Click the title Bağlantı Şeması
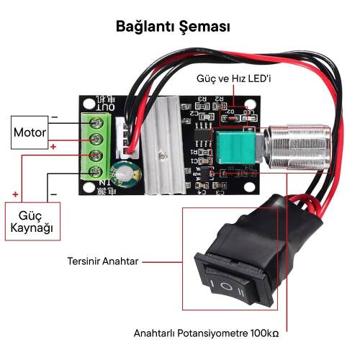tap(173, 27)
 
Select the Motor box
tap(30, 133)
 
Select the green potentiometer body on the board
tap(228, 148)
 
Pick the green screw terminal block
tap(95, 149)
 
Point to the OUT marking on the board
tap(106, 106)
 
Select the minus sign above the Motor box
tap(55, 117)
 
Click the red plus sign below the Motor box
tap(55, 148)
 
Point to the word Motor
tap(30, 133)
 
